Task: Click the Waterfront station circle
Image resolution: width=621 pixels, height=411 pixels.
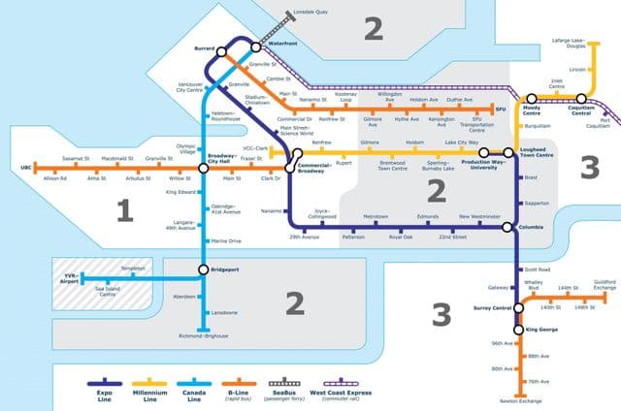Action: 255,46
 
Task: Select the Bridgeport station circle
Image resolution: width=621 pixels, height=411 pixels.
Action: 203,269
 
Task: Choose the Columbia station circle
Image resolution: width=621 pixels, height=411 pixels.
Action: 508,227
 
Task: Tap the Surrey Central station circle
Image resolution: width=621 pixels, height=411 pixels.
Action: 517,309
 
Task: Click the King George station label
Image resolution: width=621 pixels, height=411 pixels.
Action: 543,331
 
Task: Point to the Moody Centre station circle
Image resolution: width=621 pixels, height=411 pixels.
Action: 530,99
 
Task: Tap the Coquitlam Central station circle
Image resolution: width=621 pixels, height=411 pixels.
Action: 582,98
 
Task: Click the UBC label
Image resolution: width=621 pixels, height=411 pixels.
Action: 13,168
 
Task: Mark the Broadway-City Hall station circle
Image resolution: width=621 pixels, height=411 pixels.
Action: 204,169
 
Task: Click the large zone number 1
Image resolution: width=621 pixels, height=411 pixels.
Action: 123,209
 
